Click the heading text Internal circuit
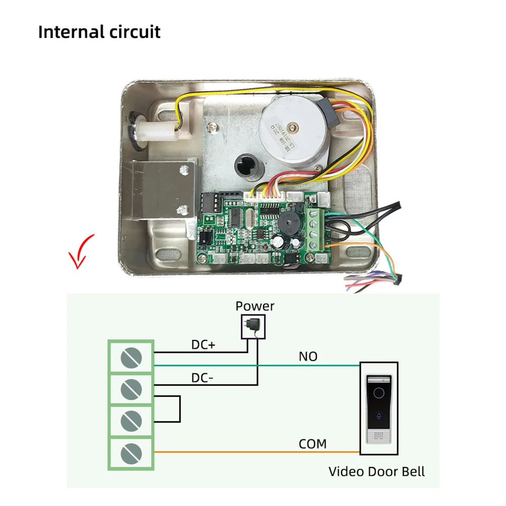[x=99, y=31]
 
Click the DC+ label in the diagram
[x=203, y=345]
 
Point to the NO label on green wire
[x=308, y=356]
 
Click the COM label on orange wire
[x=312, y=444]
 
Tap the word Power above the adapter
[x=255, y=306]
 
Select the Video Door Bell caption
[x=376, y=472]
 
